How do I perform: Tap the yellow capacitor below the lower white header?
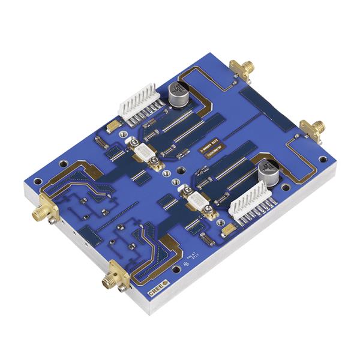pos(228,229)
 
